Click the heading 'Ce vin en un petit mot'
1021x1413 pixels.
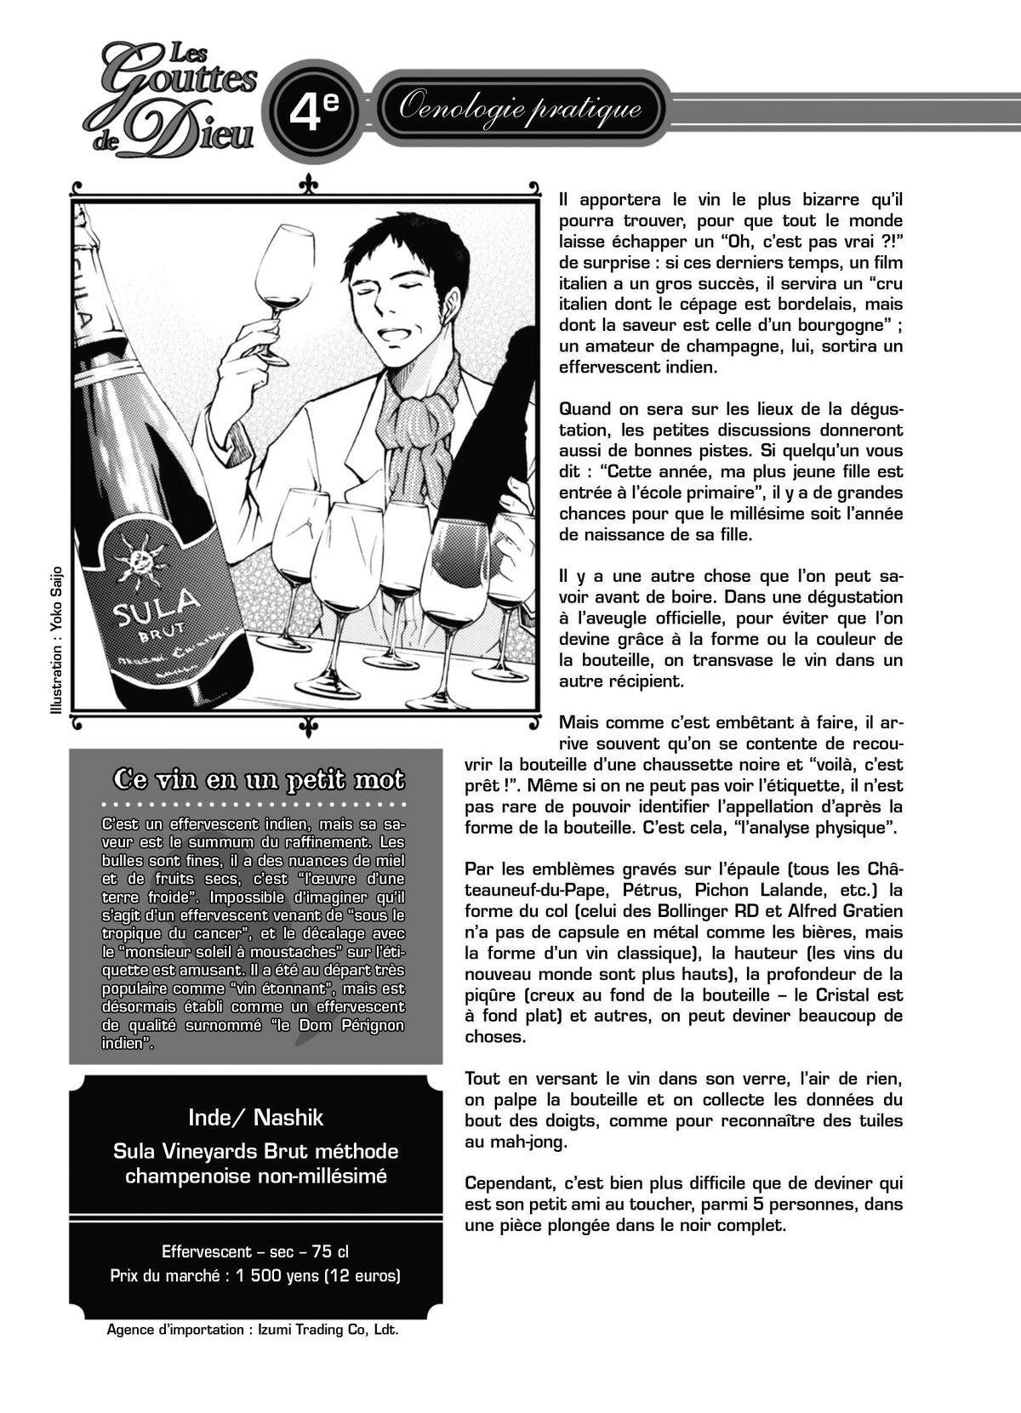click(259, 780)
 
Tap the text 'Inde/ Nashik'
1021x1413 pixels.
click(255, 1117)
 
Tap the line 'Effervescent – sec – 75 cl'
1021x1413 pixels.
click(255, 1252)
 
